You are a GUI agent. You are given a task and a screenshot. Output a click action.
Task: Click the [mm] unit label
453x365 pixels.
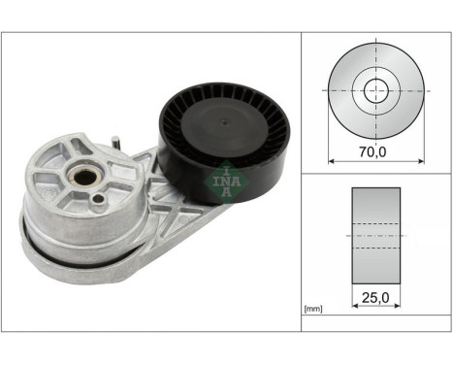pyautogui.click(x=313, y=309)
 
